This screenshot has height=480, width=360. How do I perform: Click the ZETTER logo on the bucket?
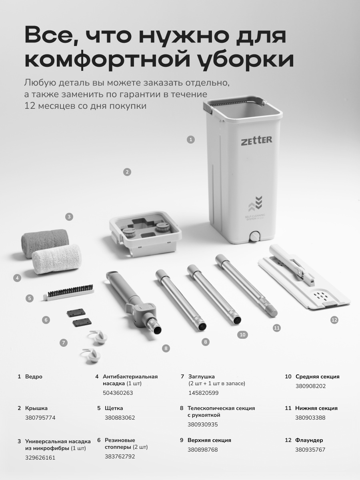coord(257,140)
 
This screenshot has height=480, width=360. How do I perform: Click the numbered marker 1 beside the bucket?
coord(191,140)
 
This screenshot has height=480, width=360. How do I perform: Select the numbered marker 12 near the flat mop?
coord(334,320)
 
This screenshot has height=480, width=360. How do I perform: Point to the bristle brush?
coord(68,292)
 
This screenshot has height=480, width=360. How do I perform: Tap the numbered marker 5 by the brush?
coord(30,298)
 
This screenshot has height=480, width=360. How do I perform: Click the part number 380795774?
coord(40,418)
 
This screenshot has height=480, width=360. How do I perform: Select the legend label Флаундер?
coord(309,440)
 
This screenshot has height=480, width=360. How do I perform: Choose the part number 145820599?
coord(204,393)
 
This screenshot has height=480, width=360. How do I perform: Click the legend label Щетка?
coord(114,408)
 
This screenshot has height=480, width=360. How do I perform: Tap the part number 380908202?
coord(311,386)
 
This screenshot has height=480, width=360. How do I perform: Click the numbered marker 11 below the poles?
coord(277,328)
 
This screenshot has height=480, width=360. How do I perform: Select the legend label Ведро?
coord(34,376)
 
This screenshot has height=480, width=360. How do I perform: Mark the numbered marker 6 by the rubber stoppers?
coord(46,320)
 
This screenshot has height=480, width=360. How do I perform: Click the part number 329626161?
coord(40,458)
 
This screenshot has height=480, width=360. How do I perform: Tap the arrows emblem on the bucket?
coord(255,203)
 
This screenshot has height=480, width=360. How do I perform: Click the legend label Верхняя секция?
coord(209,440)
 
